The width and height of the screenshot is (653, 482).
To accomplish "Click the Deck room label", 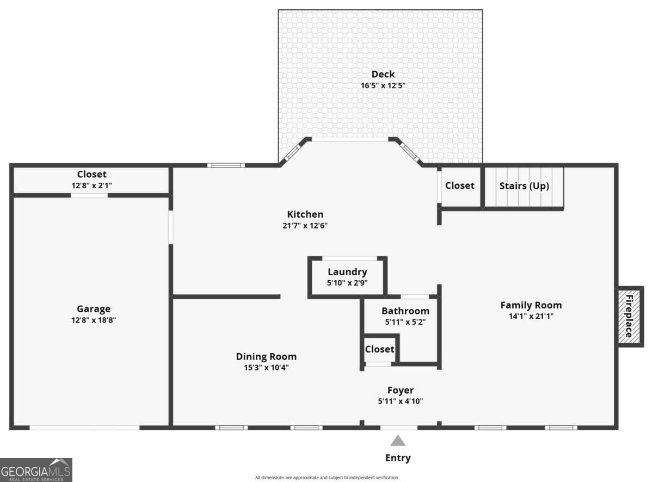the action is [383, 74].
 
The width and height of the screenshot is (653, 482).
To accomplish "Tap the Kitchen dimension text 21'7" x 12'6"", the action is [305, 226].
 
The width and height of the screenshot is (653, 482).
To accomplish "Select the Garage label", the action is [94, 308].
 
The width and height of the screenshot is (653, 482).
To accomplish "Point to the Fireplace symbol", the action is [631, 317].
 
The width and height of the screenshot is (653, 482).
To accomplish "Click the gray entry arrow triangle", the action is [398, 441].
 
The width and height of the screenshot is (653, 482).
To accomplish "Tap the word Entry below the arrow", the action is [398, 458].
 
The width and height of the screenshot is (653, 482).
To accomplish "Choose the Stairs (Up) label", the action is [524, 186].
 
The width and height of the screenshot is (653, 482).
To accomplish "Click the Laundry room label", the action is [347, 272].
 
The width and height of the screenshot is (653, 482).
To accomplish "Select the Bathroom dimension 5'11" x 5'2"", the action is [405, 322].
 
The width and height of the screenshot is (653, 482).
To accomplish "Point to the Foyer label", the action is [401, 391].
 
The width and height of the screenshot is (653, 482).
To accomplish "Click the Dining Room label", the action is [266, 356].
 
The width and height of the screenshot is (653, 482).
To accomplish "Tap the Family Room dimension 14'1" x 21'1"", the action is [531, 316].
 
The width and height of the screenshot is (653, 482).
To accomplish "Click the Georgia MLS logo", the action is [36, 470].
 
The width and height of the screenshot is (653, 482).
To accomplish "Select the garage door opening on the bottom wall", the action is [84, 428].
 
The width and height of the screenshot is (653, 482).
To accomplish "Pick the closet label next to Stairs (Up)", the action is [460, 186].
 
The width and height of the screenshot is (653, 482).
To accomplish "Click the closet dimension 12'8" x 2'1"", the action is [92, 186].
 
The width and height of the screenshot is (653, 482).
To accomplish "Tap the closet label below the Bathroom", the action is [379, 349].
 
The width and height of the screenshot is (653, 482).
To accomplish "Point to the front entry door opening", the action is [399, 428].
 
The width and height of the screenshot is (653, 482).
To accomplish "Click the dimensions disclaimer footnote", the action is [326, 478].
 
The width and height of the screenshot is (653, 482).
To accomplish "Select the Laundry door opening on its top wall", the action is [350, 258].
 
